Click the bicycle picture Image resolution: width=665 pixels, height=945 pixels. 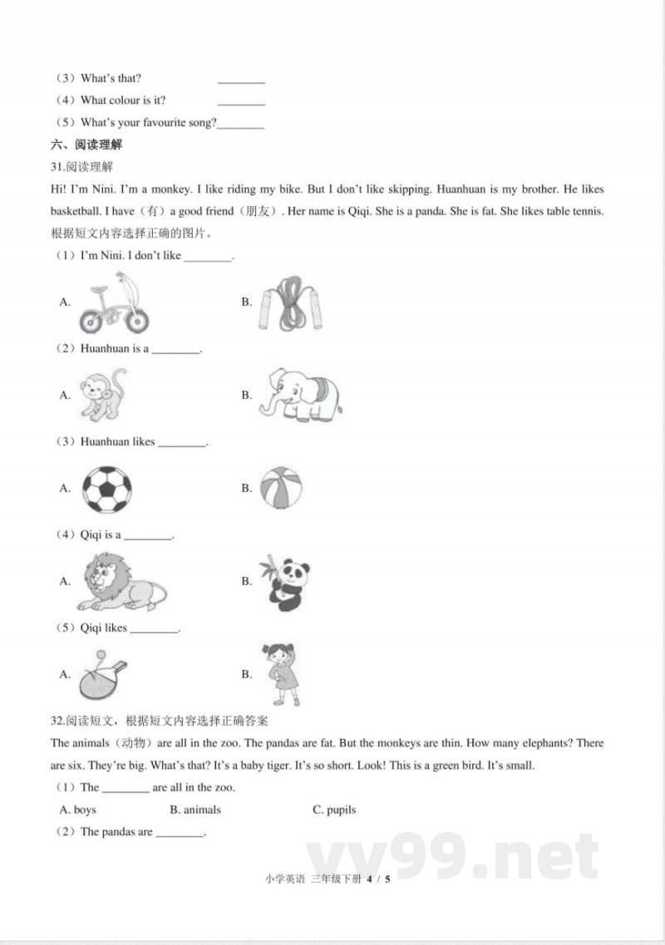(115, 304)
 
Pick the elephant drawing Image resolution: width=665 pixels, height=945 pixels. (300, 396)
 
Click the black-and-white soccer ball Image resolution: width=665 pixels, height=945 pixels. (107, 489)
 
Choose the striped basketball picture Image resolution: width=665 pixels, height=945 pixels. (281, 488)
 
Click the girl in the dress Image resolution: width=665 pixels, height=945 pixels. (282, 674)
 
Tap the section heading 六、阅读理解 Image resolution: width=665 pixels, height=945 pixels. (86, 145)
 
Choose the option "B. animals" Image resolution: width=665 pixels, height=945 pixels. (195, 810)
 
